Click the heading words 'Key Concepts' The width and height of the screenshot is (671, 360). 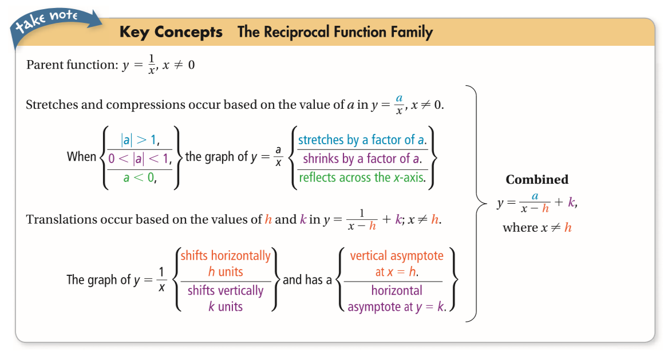pos(171,32)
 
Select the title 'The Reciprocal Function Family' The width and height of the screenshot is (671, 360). pos(335,32)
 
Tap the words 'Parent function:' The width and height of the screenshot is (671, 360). pos(72,65)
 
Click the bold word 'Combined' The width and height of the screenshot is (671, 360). pos(537,180)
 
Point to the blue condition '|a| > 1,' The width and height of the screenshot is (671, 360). pos(140,140)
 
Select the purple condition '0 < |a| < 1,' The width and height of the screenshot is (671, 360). pos(140,159)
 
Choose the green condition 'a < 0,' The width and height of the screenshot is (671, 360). pos(140,178)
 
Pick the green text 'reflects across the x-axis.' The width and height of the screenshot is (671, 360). pos(362,178)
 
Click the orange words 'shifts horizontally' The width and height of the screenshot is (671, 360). pos(226,255)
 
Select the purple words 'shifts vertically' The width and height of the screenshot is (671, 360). pos(226,291)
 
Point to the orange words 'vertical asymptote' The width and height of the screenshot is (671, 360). pos(397,255)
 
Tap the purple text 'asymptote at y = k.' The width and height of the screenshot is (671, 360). pos(397,307)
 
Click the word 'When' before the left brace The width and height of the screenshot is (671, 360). pos(81,157)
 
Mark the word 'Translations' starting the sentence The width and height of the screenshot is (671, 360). pos(58,220)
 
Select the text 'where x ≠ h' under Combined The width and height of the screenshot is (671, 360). pos(537,228)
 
